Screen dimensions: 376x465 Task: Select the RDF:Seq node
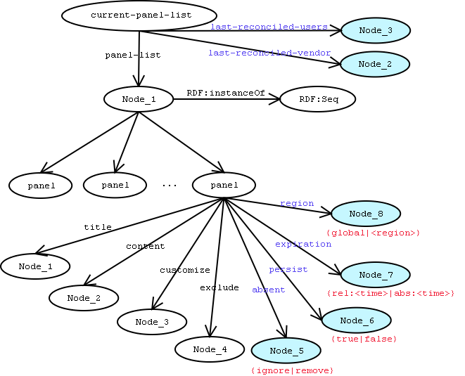coord(318,100)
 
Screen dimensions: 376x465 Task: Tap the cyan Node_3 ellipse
coord(375,30)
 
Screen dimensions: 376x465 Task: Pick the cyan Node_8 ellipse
coord(366,214)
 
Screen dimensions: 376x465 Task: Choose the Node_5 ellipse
coord(286,351)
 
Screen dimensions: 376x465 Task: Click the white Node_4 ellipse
coord(210,349)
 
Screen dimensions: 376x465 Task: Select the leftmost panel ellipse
coord(41,186)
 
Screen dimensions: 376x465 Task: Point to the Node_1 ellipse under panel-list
coord(139,100)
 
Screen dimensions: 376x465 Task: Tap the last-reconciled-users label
coord(269,27)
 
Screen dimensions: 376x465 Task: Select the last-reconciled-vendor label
coord(269,53)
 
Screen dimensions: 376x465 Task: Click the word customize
coord(184,270)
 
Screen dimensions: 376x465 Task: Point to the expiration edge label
coord(303,244)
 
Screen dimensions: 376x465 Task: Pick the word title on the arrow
coord(98,227)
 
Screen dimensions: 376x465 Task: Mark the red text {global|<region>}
coord(373,233)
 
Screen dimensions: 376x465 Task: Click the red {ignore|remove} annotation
coord(292,370)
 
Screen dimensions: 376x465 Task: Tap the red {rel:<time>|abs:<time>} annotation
coord(391,292)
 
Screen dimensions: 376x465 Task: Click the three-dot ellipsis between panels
coord(169,186)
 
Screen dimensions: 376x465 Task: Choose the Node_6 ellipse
coord(357,320)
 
